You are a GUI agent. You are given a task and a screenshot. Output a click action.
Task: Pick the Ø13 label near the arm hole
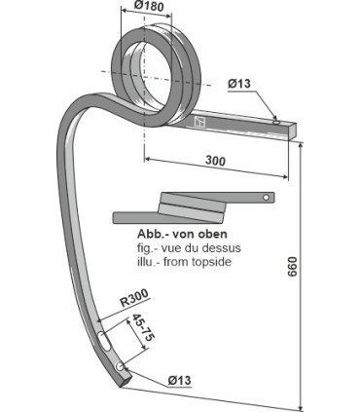[240, 84]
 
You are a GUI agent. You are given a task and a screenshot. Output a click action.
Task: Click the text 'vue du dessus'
[195, 249]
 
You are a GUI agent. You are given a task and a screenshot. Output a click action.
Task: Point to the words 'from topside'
[203, 264]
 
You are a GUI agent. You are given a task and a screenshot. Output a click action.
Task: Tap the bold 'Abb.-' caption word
[153, 237]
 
